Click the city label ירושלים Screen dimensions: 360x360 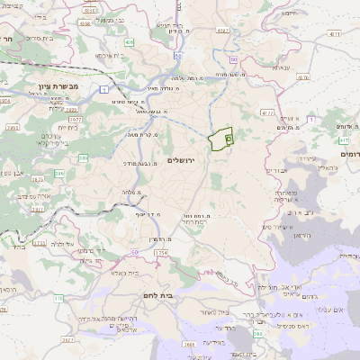click(181, 159)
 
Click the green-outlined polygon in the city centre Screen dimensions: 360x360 click(220, 139)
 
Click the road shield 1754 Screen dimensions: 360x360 click(161, 253)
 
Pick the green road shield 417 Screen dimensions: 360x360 click(344, 140)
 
